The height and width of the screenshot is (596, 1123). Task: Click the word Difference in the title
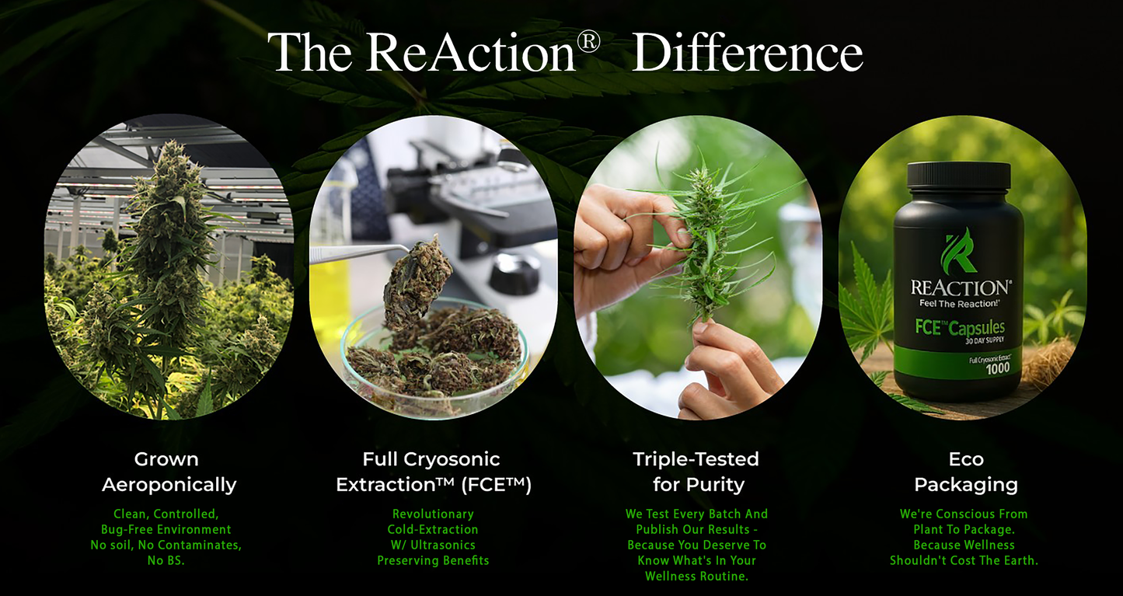coord(748,52)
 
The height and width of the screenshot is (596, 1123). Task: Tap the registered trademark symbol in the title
coord(588,42)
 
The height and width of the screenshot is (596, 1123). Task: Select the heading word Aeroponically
coord(169,485)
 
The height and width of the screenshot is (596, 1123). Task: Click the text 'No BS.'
coord(166,560)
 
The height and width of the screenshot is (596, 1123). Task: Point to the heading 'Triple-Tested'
coord(696,459)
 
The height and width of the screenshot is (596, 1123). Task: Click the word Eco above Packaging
coord(966,459)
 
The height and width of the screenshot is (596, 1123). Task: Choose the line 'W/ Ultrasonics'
coord(433,545)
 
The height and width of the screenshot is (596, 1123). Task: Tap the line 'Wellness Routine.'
coord(697,576)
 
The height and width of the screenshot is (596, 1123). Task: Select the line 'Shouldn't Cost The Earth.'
coord(964,560)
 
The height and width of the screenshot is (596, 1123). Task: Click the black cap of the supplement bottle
coord(958,176)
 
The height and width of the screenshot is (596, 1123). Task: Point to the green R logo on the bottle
coord(958,251)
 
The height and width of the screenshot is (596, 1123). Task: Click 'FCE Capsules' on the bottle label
coord(960,327)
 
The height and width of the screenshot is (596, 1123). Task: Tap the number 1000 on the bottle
coord(998,369)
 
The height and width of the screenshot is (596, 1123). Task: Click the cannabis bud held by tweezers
coord(417,282)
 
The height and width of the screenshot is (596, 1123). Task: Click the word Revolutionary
coord(433,514)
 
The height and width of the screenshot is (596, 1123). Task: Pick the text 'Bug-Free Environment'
coord(166,529)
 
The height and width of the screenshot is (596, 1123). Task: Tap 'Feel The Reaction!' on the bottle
coord(959,303)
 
